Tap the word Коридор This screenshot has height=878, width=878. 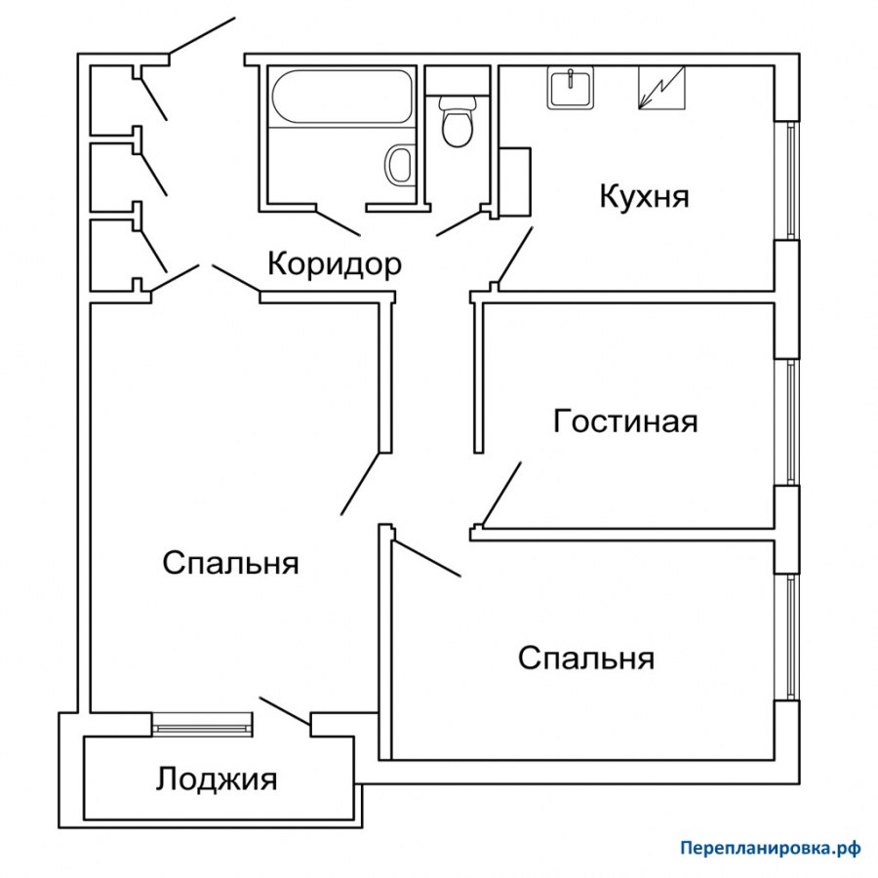pos(334,263)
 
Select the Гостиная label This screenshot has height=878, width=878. pos(625,421)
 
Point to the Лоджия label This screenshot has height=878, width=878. pos(217,779)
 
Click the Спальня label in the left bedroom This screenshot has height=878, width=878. pos(230,563)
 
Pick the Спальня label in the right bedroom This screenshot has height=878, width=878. pos(585,658)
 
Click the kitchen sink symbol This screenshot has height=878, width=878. pos(571,89)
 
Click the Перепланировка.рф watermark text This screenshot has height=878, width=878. pos(770,849)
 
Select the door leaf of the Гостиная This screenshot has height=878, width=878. pos(502,494)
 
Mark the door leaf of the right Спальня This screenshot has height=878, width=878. pos(427,556)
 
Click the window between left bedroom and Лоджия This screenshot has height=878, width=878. pos(203,724)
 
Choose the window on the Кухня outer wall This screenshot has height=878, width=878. pos(790,180)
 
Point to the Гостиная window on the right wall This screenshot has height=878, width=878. pos(790,421)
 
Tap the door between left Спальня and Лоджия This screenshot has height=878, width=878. pos(284,711)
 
